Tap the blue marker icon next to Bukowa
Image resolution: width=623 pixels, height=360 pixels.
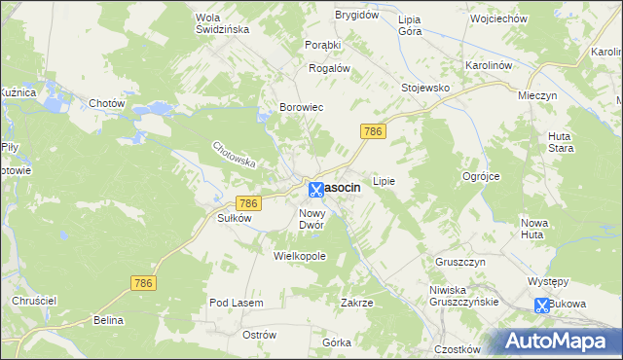tap(541, 305)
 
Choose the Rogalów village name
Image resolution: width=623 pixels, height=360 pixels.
tap(328, 68)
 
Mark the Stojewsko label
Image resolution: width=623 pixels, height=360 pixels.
tap(425, 88)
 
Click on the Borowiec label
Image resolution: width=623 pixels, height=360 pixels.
tap(301, 108)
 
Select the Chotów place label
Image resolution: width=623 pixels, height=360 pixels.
tap(107, 103)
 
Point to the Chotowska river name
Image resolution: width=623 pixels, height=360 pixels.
tap(234, 155)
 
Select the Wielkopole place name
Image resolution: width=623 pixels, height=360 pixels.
tap(299, 256)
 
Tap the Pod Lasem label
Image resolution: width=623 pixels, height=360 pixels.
tap(237, 303)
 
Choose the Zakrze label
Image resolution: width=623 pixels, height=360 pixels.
tap(356, 303)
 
